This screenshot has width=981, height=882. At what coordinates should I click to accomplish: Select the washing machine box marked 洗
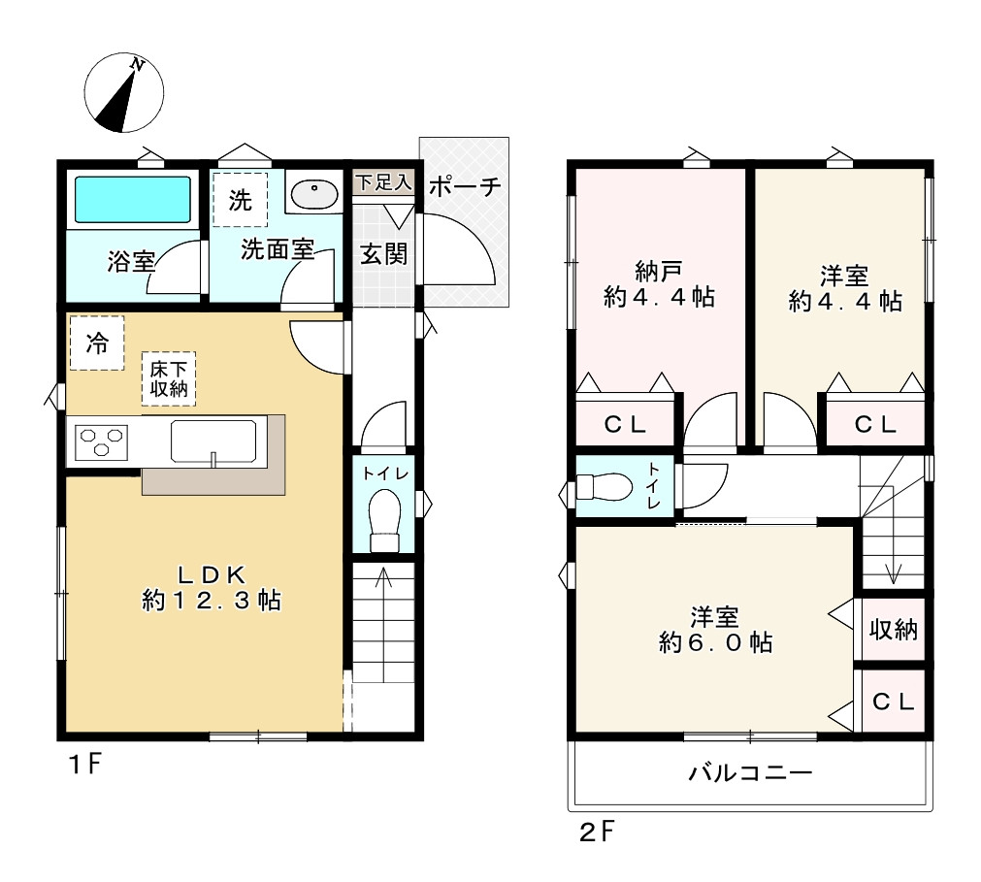pos(240,200)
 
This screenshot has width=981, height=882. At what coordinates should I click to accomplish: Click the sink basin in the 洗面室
pos(312,195)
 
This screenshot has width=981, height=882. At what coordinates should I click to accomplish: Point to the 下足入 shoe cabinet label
pos(382,181)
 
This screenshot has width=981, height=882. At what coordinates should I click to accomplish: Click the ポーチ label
pos(464,186)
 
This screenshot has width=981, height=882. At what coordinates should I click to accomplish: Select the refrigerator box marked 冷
pos(96,343)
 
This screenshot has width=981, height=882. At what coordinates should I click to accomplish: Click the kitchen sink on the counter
pos(213,441)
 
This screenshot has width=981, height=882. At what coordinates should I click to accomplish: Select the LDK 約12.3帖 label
pos(211,587)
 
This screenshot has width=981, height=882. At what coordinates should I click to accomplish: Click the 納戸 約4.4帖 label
pos(659,283)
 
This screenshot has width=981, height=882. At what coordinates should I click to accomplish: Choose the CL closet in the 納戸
pos(625,424)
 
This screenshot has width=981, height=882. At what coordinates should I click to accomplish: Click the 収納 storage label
pos(892,630)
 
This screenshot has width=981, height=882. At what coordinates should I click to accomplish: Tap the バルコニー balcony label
pos(750,773)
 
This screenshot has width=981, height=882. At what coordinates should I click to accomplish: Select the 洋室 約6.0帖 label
pos(715,629)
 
